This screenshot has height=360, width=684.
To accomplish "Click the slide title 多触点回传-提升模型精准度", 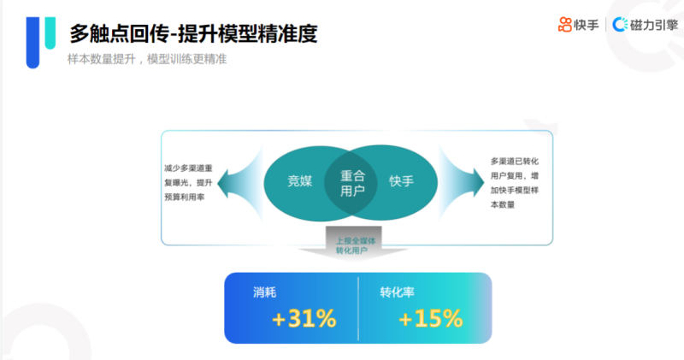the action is pos(193,33).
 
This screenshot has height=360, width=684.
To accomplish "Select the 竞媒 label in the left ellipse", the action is pos(301,181).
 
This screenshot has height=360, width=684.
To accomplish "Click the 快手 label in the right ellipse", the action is pos(401,181).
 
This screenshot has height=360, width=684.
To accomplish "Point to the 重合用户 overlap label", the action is pos(352,182).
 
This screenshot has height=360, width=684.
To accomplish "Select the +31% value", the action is pos(304,319).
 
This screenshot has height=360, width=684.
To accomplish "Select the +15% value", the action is pos(430,319).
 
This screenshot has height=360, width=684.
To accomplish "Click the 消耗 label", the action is pos(264,292).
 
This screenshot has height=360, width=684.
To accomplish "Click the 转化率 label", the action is pos(397,292).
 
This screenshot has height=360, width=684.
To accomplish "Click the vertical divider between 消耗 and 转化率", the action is pos(358,308).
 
